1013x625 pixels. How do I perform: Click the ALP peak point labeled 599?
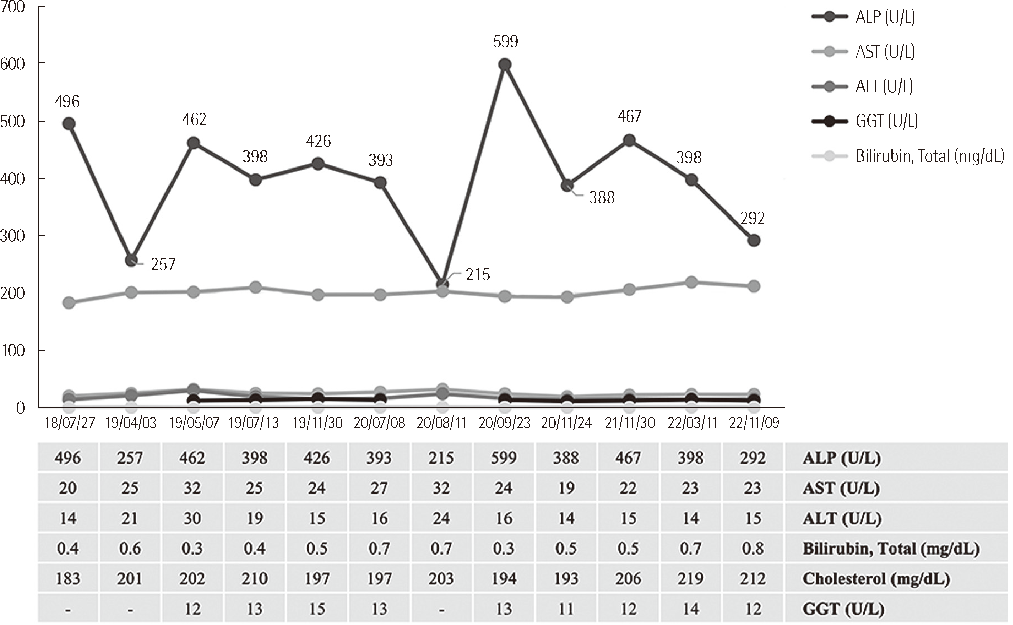[x=504, y=65]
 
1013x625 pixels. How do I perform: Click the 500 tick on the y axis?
[x=13, y=122]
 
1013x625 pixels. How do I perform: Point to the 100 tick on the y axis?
[x=13, y=351]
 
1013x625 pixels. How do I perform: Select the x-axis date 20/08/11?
[x=441, y=423]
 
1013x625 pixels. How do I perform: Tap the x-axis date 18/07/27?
[x=69, y=423]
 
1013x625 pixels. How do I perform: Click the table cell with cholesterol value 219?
[x=690, y=579]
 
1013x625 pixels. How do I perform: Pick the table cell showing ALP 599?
[x=504, y=458]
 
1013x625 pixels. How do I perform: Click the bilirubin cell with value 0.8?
[x=753, y=548]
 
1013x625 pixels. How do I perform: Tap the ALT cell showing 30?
[x=192, y=518]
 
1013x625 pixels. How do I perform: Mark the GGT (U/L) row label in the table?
[x=843, y=609]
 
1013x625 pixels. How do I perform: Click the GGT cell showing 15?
[x=317, y=609]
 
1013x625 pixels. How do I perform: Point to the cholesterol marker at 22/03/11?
[x=691, y=283]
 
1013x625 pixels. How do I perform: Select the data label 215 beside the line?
[x=477, y=275]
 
